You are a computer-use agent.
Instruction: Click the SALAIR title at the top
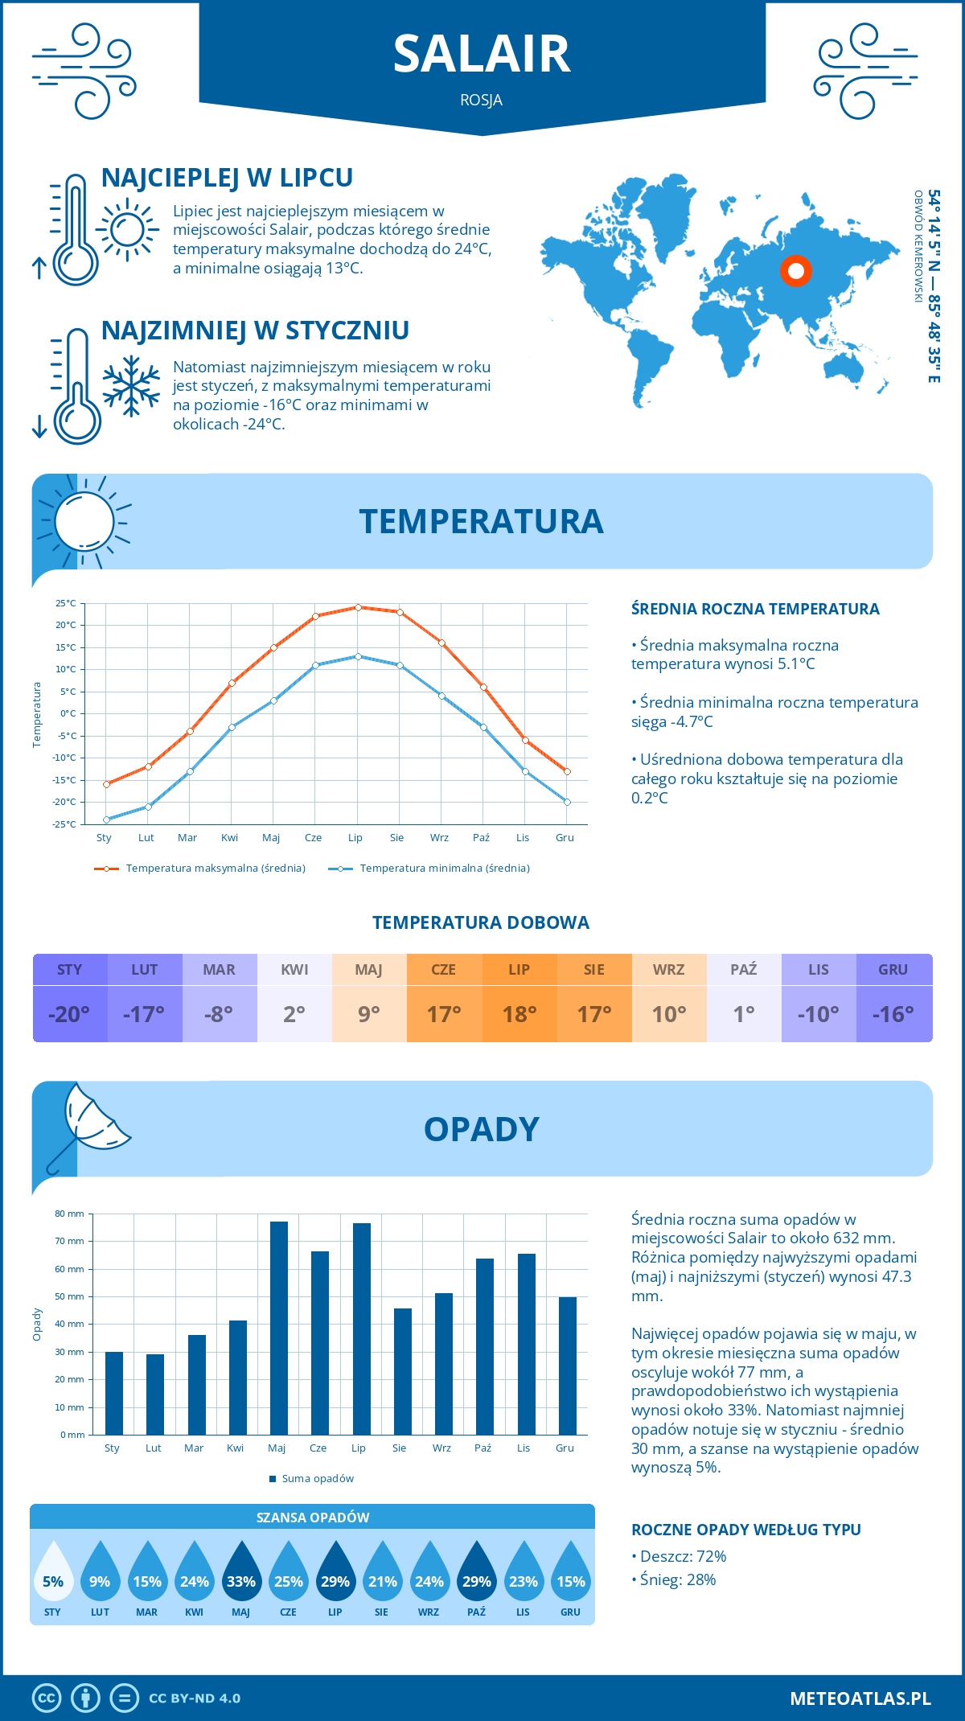tap(482, 55)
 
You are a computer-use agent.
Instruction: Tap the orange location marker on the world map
tap(795, 271)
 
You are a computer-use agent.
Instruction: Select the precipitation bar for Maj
tap(279, 1328)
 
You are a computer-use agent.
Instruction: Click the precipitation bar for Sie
tap(403, 1371)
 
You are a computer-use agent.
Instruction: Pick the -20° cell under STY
tap(69, 1014)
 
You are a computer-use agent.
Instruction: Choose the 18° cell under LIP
tap(519, 1014)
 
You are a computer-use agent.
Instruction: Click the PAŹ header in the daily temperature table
tap(743, 969)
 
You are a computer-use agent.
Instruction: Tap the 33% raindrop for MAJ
tap(241, 1581)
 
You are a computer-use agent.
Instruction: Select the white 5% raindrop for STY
tap(53, 1581)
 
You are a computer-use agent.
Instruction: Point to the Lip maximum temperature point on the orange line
tap(358, 607)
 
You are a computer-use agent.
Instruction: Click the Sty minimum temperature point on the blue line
tap(106, 819)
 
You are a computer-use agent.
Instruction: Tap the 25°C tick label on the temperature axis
tap(66, 603)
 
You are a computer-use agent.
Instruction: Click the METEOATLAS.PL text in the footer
tap(860, 1698)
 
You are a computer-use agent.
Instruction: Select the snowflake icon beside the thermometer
tap(131, 385)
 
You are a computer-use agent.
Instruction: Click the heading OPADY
tap(482, 1129)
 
